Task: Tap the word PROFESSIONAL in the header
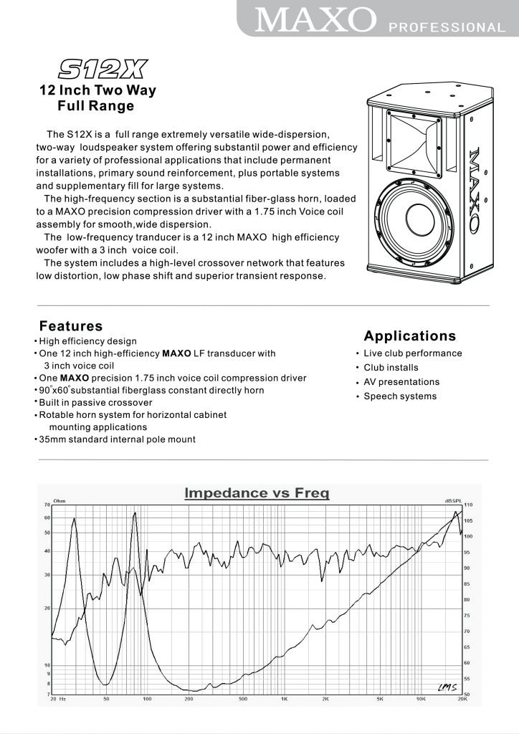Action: [447, 28]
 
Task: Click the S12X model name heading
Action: [101, 69]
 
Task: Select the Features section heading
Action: [71, 326]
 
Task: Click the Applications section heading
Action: [409, 335]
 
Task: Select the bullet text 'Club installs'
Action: [391, 368]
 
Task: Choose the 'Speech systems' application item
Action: [399, 396]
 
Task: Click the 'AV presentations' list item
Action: [401, 382]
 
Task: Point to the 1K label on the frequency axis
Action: [284, 699]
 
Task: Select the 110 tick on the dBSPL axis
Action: [468, 505]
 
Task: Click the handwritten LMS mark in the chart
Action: [446, 687]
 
